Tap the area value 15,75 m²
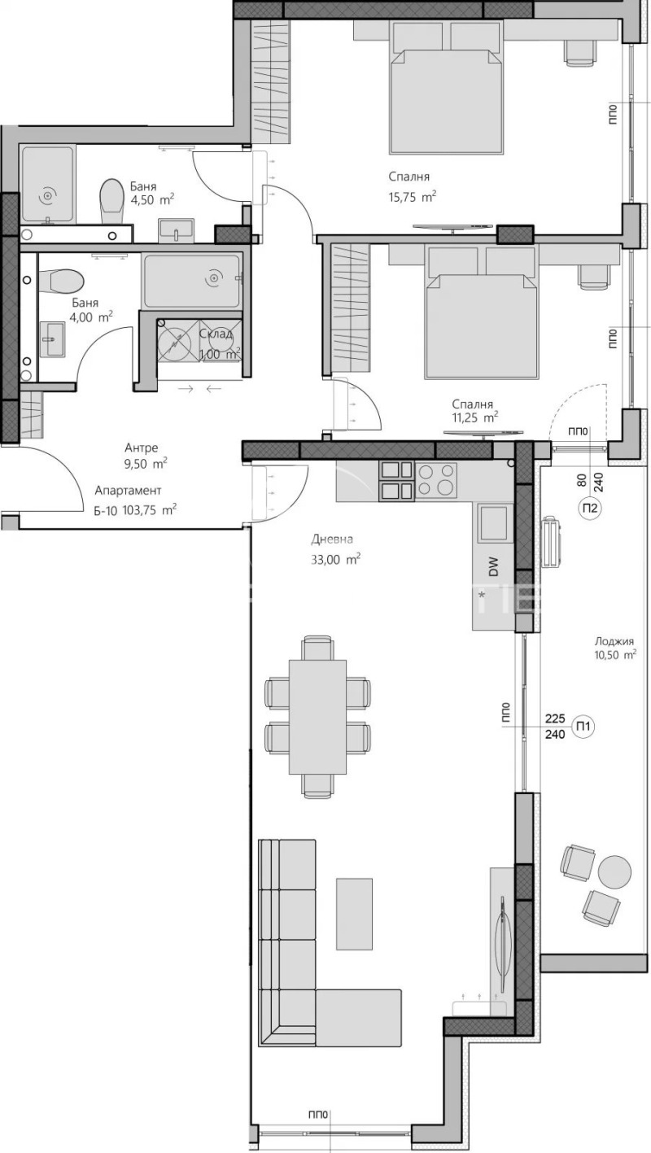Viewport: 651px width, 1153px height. point(413,196)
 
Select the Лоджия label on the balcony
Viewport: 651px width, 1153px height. point(614,641)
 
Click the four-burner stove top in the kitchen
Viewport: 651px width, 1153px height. point(436,479)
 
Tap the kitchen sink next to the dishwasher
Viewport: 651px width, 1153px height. point(494,522)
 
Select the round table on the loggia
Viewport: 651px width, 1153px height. point(614,871)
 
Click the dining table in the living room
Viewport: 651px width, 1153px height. point(317,717)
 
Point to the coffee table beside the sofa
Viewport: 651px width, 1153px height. point(354,913)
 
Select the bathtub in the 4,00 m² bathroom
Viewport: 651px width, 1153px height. point(193,279)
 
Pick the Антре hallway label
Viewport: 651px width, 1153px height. point(141,448)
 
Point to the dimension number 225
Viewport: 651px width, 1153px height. point(554,718)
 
